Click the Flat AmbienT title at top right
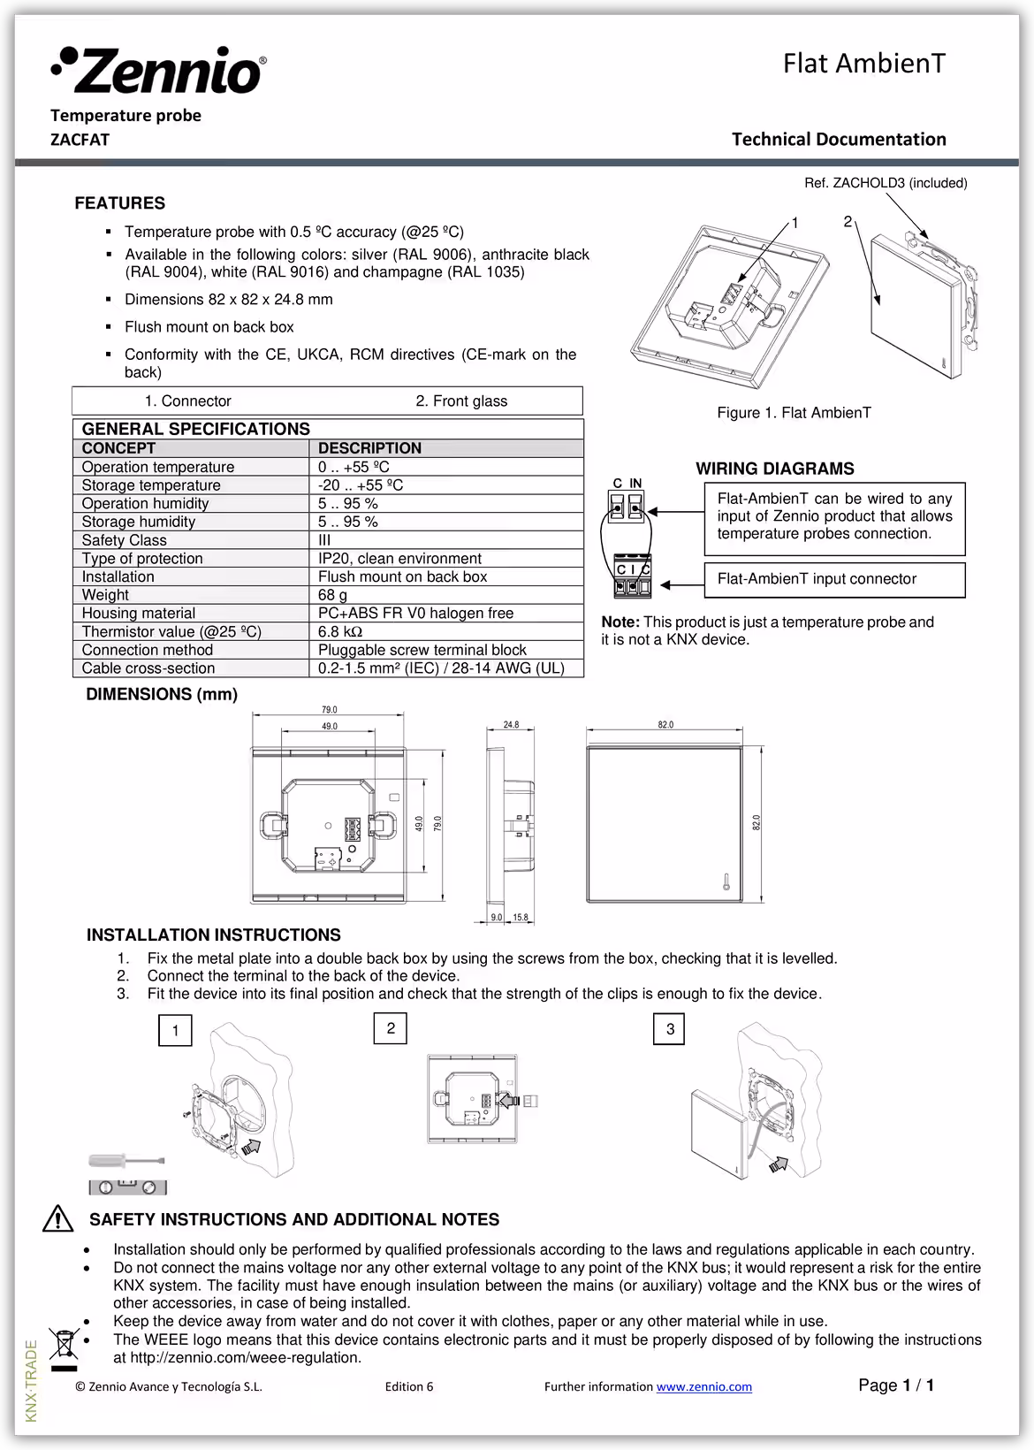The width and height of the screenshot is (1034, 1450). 863,64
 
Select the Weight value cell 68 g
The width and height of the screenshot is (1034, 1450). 332,595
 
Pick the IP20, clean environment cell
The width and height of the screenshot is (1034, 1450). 399,559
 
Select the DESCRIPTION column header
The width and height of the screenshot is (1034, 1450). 369,448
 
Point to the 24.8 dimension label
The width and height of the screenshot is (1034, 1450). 511,725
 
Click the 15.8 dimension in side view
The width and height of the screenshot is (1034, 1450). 520,918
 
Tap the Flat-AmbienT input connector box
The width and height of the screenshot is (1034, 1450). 833,579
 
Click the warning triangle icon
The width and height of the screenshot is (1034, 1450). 58,1218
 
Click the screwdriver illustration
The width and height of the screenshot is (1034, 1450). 125,1160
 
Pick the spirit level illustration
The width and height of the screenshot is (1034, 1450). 127,1187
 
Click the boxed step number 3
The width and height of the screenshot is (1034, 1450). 670,1029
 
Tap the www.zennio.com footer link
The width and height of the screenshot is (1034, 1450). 703,1386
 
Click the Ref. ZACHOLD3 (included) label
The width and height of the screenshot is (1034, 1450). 886,183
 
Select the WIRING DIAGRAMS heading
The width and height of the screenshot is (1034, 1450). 774,469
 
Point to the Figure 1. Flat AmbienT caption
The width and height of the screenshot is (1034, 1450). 794,413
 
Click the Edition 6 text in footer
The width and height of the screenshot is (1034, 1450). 409,1386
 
